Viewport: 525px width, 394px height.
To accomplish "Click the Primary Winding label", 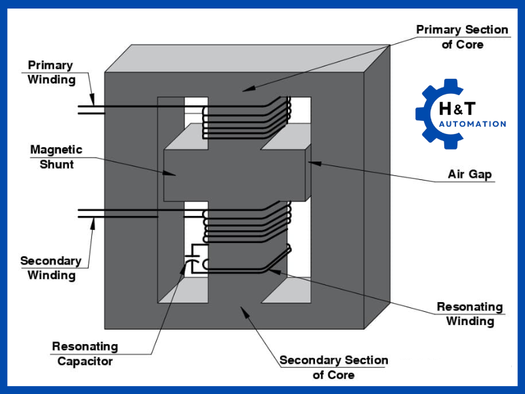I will (51, 72).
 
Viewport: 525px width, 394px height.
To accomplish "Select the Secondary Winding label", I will (51, 267).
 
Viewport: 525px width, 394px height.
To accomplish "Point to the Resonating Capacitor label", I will (85, 353).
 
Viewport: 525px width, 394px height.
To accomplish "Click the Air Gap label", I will (469, 175).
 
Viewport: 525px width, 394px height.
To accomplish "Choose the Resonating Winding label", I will (470, 314).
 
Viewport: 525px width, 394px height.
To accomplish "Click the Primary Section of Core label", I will (462, 37).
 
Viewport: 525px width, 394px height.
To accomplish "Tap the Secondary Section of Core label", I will (333, 368).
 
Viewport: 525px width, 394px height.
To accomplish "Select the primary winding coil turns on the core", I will (246, 118).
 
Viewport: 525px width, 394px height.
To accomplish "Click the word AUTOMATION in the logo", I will (472, 124).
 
